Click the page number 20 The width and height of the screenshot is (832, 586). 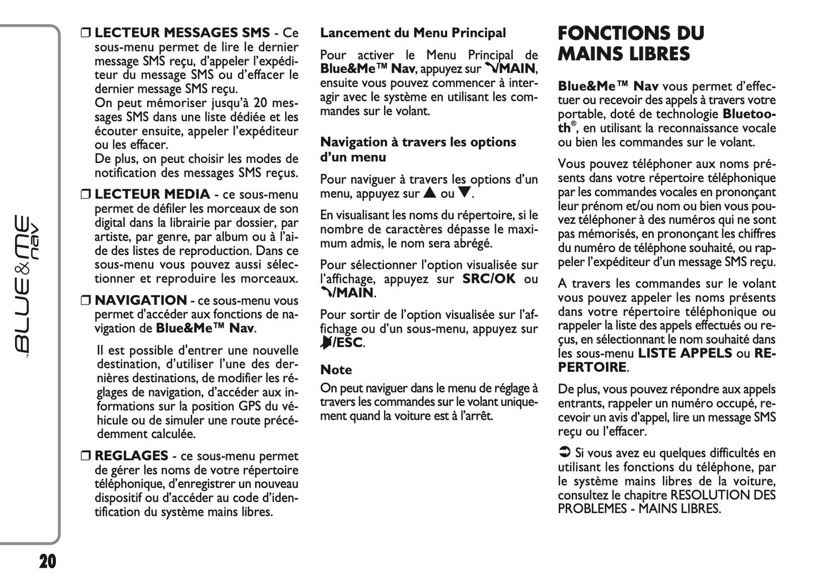pos(48,561)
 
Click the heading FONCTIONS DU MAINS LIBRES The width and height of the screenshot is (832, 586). pos(630,43)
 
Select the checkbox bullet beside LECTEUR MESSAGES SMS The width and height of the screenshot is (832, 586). pos(86,33)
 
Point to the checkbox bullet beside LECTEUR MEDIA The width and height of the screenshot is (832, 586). pos(86,195)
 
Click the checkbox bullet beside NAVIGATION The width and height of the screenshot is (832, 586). pos(86,301)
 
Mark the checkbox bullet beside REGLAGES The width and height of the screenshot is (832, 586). pos(86,456)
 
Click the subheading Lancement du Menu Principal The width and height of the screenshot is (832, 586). pos(413,33)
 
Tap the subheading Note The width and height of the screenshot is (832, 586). pos(336,370)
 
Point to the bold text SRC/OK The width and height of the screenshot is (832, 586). pos(489,279)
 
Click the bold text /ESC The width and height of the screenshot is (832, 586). pos(348,343)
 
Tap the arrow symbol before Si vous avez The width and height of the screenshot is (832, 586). pos(564,453)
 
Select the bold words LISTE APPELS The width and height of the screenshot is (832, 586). pos(685,353)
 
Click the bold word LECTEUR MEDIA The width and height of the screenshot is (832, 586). pos(152,195)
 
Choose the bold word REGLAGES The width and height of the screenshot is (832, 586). pos(131,456)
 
